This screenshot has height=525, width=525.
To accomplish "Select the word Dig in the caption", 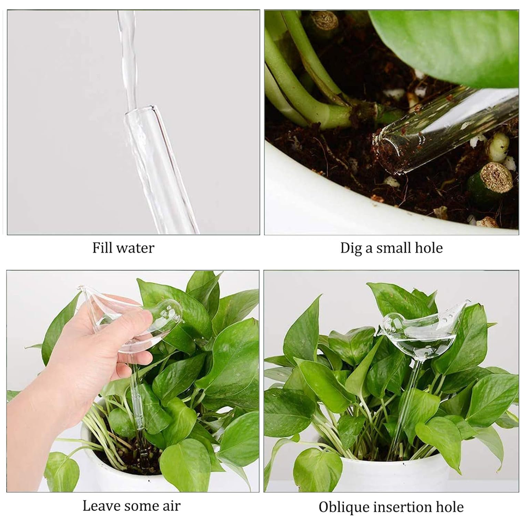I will point(351,248).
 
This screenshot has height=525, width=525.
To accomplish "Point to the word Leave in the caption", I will point(102,506).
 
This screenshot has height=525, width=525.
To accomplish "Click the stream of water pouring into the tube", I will point(128,52).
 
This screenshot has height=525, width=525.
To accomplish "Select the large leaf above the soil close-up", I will point(451,42).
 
